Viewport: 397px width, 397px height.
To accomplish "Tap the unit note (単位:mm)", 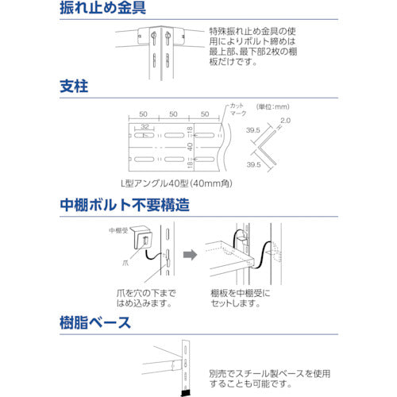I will [272, 106].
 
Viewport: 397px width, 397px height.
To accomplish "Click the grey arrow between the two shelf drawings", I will [190, 256].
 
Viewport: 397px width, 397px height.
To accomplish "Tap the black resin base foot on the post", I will [187, 391].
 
